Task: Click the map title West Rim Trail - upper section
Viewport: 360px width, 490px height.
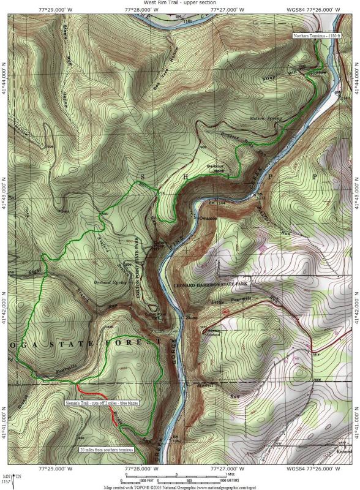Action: (x=179, y=3)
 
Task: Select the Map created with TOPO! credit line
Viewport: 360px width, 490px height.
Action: (x=179, y=487)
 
